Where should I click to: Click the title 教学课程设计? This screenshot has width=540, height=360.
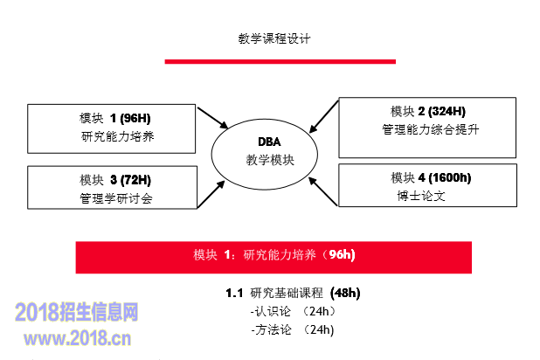[x=274, y=38]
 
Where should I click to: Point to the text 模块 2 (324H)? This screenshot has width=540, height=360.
[x=428, y=111]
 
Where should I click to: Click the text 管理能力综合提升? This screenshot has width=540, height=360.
[x=431, y=129]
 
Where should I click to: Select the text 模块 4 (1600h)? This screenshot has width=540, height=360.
[x=431, y=178]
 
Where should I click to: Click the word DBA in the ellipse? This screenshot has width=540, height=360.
[x=269, y=142]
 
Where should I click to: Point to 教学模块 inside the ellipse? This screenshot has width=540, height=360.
[x=269, y=160]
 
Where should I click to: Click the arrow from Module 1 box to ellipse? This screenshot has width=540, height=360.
[x=213, y=118]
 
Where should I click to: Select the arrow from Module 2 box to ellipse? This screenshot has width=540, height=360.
[x=323, y=116]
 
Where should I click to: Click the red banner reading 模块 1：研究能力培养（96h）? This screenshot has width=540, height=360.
[x=273, y=255]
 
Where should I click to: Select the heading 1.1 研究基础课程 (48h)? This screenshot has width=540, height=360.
[x=292, y=293]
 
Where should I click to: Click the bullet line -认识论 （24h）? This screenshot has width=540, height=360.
[x=292, y=311]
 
